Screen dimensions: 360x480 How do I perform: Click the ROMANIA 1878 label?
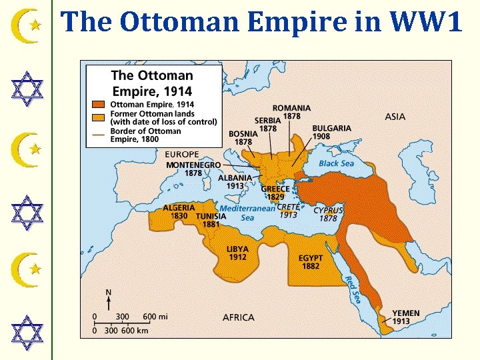pos(291,112)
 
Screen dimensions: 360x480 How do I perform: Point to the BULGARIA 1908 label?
pos(331,132)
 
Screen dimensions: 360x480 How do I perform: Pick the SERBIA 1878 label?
pos(268,125)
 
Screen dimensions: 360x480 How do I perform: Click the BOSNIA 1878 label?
pos(243,137)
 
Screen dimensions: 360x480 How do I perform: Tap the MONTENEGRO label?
pos(193,165)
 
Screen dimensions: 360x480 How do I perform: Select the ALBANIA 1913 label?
pos(235,182)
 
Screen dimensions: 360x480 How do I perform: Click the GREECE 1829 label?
pos(275,193)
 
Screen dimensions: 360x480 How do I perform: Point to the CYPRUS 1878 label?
pos(328,214)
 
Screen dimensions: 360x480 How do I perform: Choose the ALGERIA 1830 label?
pos(179,212)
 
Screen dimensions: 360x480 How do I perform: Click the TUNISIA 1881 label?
pos(211,221)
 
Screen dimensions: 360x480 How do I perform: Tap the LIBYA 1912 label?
pos(237,253)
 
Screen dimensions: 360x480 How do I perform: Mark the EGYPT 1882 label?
pos(311,262)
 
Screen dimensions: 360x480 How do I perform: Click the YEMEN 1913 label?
pos(406,317)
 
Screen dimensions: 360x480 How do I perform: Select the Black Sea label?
pos(336,163)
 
